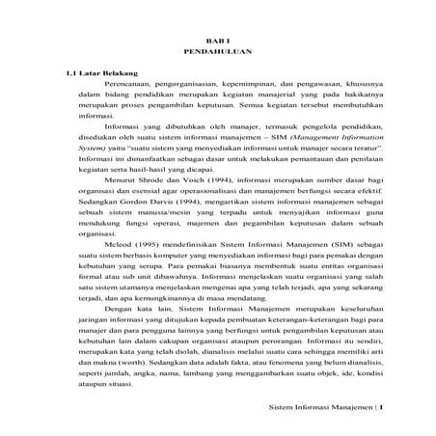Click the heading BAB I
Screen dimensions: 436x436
(x=217, y=33)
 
